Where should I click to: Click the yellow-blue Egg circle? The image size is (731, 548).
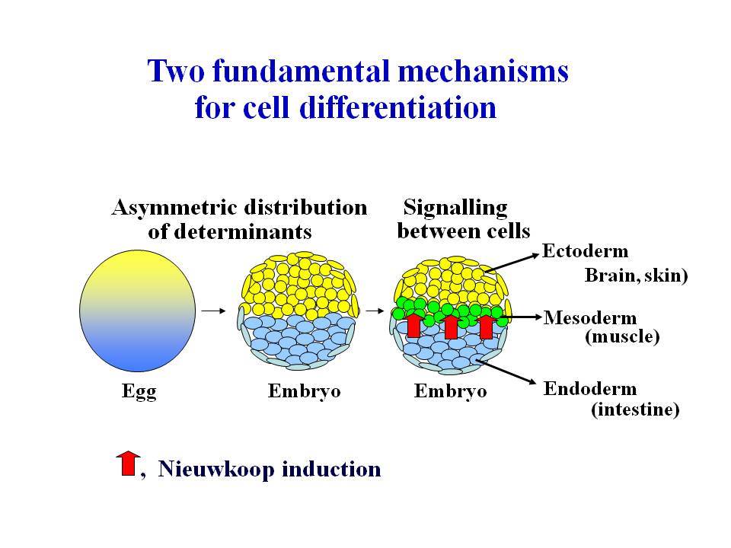click(138, 311)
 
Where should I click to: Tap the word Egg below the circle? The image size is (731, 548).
click(139, 391)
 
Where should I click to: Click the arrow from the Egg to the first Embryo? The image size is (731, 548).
click(213, 311)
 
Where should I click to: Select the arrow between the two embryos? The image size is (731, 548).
click(375, 311)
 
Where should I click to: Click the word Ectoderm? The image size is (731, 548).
click(585, 251)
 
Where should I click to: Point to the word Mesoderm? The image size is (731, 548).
click(589, 318)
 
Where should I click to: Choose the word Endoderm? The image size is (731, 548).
click(589, 389)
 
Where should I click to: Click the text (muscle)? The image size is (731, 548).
click(622, 336)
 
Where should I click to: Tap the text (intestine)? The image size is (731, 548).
click(635, 409)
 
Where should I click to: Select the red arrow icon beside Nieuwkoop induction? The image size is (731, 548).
click(128, 464)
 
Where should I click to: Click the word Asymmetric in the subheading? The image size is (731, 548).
click(174, 208)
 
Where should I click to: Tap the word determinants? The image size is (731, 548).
click(242, 231)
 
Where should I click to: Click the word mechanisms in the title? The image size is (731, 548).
click(484, 72)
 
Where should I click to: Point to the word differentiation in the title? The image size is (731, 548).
click(397, 107)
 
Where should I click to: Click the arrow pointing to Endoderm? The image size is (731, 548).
click(507, 372)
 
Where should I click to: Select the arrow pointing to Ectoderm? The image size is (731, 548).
click(512, 263)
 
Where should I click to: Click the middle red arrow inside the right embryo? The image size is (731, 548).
click(451, 327)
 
